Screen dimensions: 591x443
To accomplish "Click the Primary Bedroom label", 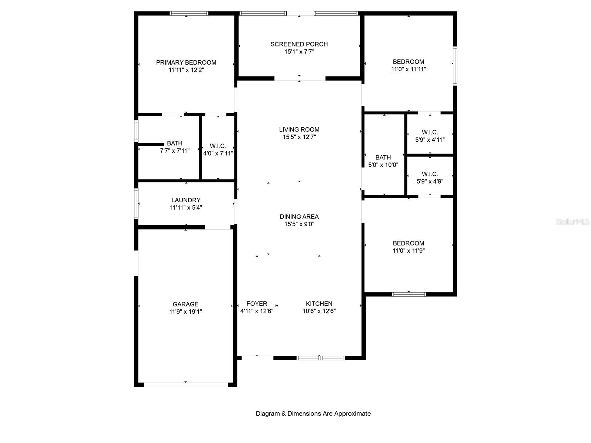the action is click(x=186, y=62).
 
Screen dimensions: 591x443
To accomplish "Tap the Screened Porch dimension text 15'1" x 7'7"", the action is click(x=299, y=52).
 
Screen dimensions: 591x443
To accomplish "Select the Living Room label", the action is click(x=299, y=129).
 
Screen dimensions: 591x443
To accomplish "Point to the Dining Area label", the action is click(x=299, y=217).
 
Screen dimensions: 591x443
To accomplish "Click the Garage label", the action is click(x=185, y=304).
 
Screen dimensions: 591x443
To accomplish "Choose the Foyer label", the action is click(x=257, y=304).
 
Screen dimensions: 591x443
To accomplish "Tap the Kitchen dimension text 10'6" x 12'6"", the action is click(x=319, y=311).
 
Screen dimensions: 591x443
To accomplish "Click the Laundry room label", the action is click(x=186, y=200).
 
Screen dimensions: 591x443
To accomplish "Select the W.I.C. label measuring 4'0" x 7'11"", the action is click(x=218, y=146).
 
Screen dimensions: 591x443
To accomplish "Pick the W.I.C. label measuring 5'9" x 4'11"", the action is click(x=430, y=132).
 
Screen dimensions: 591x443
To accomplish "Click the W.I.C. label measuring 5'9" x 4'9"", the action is click(x=430, y=174).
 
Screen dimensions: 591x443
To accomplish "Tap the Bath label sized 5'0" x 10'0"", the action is click(x=383, y=157).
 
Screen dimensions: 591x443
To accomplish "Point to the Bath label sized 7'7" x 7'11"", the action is click(x=174, y=143).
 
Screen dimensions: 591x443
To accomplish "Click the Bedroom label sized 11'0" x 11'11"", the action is click(x=409, y=62).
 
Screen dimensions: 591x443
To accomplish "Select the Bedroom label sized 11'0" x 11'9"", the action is click(x=409, y=243).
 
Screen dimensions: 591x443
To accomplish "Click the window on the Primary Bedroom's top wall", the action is click(x=189, y=13).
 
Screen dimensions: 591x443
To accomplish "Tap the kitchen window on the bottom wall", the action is click(x=320, y=358).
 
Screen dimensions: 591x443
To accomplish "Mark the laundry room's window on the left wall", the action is click(x=136, y=204).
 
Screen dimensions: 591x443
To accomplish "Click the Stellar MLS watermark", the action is click(x=573, y=221).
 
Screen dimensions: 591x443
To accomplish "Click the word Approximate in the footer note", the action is click(x=352, y=413).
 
